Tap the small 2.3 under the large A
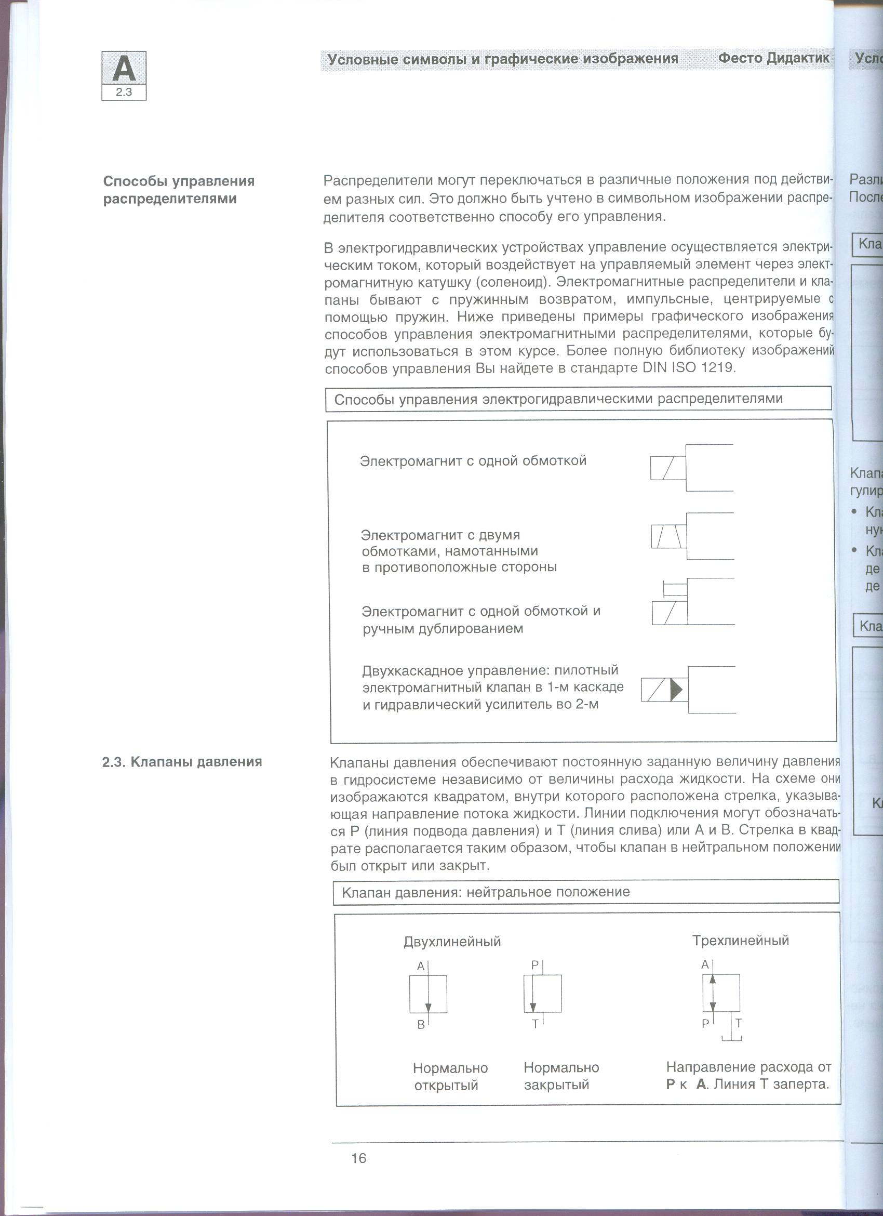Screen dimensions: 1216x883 click(124, 92)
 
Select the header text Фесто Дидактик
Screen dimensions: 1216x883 click(773, 58)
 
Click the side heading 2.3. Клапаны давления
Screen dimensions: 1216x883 click(182, 762)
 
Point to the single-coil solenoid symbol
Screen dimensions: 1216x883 click(668, 468)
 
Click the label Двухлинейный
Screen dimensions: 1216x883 click(452, 942)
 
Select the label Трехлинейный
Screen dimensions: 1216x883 click(740, 941)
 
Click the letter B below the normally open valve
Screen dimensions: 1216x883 click(421, 1025)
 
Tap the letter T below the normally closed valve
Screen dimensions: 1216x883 click(534, 1024)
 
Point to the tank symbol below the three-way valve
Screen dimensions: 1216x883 click(731, 1037)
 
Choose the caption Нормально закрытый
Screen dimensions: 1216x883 click(561, 1076)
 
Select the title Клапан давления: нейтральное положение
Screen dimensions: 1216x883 click(486, 892)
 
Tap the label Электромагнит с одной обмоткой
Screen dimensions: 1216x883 click(473, 461)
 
